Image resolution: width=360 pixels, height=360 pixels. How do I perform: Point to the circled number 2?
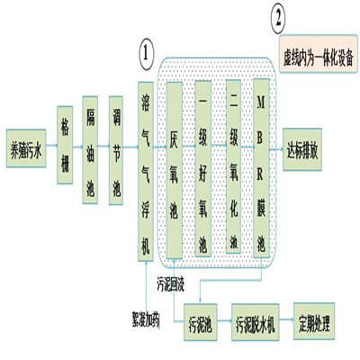(x=283, y=16)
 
